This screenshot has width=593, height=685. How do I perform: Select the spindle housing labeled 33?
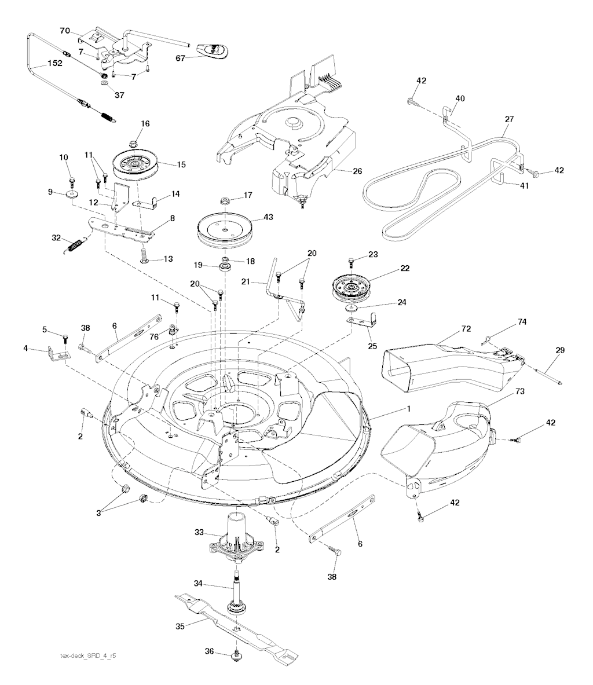235,538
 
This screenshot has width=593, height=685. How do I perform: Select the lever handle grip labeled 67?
213,51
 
